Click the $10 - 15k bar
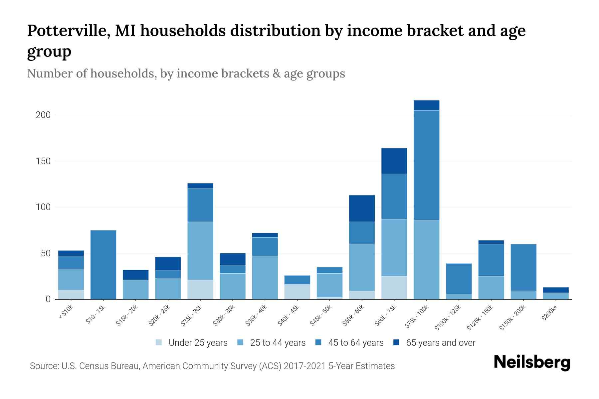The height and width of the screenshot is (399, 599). [103, 265]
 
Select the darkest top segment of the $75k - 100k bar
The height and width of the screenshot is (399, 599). [426, 105]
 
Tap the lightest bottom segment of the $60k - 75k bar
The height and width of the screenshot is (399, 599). [394, 288]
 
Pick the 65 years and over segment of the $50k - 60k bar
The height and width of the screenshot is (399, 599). [362, 208]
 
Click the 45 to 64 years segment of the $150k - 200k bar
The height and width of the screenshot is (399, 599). [523, 267]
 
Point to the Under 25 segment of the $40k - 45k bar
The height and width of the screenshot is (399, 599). [297, 292]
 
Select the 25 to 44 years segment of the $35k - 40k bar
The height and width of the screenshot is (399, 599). [265, 277]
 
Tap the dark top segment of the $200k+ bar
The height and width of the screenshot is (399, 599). [556, 290]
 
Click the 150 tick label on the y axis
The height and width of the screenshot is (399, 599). [43, 161]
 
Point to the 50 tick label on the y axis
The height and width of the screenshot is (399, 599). [46, 253]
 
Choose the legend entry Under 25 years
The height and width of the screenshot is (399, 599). [198, 343]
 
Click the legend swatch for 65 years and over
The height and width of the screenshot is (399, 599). [396, 342]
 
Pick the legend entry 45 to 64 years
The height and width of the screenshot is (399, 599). [356, 343]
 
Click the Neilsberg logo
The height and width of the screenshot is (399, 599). [532, 362]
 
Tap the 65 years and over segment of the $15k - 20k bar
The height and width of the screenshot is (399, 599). [135, 275]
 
